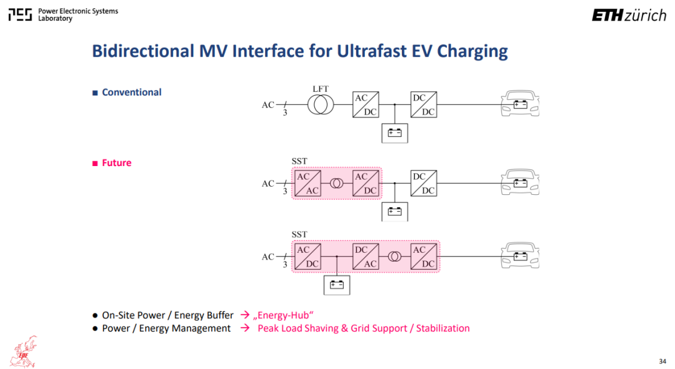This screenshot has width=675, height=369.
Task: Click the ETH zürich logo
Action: [629, 16]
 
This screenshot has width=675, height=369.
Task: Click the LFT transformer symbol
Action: [320, 104]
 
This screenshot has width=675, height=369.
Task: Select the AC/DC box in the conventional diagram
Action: [366, 104]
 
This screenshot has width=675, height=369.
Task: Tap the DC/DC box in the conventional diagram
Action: [424, 104]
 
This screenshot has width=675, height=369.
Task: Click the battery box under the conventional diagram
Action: [395, 133]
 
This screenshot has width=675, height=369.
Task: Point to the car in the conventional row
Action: [520, 103]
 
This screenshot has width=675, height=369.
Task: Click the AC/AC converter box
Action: [307, 183]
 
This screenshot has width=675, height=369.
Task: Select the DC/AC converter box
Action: [366, 257]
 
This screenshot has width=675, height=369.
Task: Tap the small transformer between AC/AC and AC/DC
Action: [337, 184]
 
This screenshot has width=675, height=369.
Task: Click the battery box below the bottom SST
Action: [337, 285]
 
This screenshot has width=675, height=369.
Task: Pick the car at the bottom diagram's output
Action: [520, 255]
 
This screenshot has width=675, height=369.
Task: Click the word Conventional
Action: [131, 92]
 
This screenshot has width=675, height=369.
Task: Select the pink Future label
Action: [116, 163]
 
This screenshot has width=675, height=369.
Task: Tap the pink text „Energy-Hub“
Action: [283, 315]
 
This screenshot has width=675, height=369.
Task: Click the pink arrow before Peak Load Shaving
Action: [245, 328]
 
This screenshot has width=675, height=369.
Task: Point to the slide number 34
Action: [662, 362]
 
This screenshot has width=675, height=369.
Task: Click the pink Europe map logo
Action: [25, 352]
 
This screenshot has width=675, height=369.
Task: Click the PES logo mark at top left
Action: [20, 15]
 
